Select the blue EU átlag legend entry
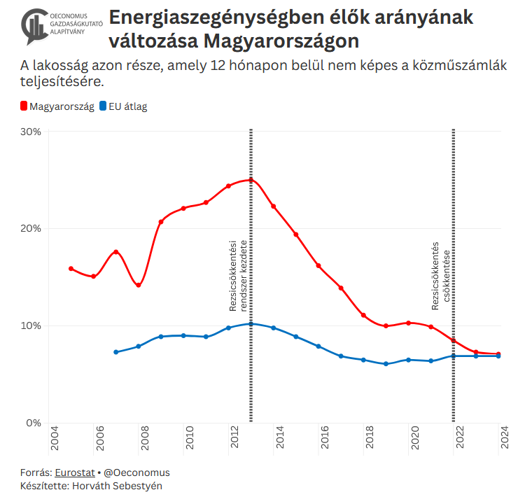[124, 106]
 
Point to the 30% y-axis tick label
[31, 132]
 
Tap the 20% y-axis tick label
[31, 229]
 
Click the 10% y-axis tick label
[31, 325]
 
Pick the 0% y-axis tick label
[34, 423]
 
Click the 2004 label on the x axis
[55, 440]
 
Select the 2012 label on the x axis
[235, 440]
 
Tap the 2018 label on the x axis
[370, 440]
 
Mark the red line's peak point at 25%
[251, 180]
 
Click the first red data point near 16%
[71, 269]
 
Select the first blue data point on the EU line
[116, 352]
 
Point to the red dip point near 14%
[139, 285]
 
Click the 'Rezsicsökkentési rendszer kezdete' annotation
[239, 275]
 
